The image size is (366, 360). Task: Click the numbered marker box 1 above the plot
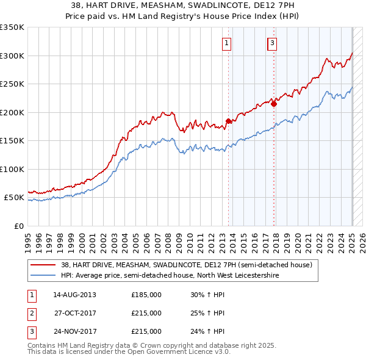226,43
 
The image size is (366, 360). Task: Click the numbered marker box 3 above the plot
271,43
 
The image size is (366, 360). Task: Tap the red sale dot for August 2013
229,121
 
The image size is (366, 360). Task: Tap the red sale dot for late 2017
274,104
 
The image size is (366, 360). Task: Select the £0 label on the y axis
18,226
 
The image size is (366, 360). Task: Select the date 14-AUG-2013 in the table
74,295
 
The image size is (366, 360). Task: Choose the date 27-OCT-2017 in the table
74,313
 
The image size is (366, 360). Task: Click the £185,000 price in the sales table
146,295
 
